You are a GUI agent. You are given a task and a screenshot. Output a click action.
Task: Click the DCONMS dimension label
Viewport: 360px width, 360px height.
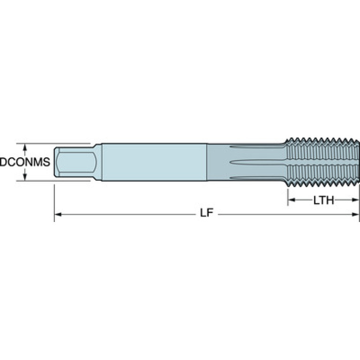pyautogui.click(x=25, y=162)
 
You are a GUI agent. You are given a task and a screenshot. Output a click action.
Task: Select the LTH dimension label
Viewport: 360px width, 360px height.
pyautogui.click(x=324, y=200)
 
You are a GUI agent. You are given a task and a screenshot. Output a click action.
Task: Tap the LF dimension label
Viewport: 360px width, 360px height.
pyautogui.click(x=207, y=213)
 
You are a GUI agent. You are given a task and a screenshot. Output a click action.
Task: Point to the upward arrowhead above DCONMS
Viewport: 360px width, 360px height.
pyautogui.click(x=25, y=148)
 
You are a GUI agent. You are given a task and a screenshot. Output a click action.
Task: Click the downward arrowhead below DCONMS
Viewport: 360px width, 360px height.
pyautogui.click(x=25, y=176)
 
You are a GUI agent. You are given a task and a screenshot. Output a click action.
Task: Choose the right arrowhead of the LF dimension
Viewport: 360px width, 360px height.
pyautogui.click(x=355, y=214)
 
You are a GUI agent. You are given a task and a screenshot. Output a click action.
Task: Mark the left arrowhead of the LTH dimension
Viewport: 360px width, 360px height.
pyautogui.click(x=291, y=200)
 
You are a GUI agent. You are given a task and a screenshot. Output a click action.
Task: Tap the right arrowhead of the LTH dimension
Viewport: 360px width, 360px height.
pyautogui.click(x=355, y=200)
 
